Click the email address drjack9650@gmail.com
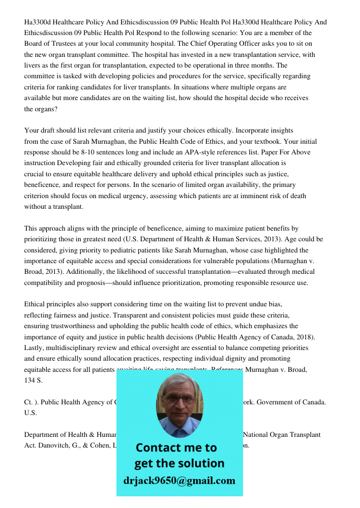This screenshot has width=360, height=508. [179, 481]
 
